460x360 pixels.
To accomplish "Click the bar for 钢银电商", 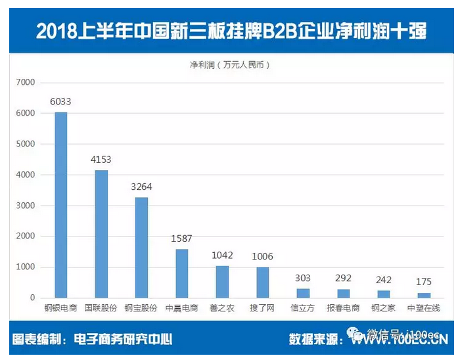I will (60, 205).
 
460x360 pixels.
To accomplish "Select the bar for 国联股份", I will (101, 234).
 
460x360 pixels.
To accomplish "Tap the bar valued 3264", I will (141, 248).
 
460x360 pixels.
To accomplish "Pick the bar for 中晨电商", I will (181, 273).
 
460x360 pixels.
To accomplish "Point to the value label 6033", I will (60, 102).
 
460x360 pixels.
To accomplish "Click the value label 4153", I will (101, 160).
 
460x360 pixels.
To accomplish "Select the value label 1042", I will (222, 255).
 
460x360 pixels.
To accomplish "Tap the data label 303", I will (303, 278).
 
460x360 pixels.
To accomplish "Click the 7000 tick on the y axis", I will (24, 82).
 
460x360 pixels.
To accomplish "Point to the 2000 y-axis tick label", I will (24, 236).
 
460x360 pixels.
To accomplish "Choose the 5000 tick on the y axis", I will (24, 144).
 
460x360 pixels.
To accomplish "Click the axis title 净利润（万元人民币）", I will (229, 65).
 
